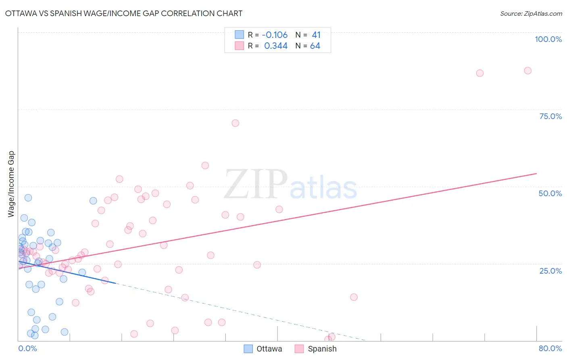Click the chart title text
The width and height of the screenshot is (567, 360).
coord(124,13)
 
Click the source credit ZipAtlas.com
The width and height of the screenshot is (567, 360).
coord(531,13)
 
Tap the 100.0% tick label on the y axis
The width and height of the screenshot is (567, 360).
coord(548,39)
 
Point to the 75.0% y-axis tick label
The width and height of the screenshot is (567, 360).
coord(550,116)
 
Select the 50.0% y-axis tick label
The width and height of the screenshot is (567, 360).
coord(550,193)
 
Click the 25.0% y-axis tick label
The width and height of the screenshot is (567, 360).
coord(550,270)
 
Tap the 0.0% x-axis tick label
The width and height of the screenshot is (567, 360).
coord(27,348)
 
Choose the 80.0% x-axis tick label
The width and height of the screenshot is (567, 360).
coord(550,348)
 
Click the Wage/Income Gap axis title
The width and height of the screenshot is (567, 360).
coord(11,184)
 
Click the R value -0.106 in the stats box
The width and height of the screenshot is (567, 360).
coord(275,35)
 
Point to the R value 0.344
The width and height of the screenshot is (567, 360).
coord(276,46)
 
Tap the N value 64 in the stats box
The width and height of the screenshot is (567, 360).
coord(315,46)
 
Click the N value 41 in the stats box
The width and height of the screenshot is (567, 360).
coord(316,35)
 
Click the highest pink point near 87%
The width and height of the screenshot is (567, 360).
coord(527,71)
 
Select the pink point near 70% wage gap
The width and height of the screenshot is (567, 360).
coord(236,123)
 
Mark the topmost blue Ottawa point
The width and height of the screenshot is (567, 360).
coord(28,198)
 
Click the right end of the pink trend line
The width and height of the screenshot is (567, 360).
coord(536,174)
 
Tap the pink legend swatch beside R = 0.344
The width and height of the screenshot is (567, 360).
coord(240,46)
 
